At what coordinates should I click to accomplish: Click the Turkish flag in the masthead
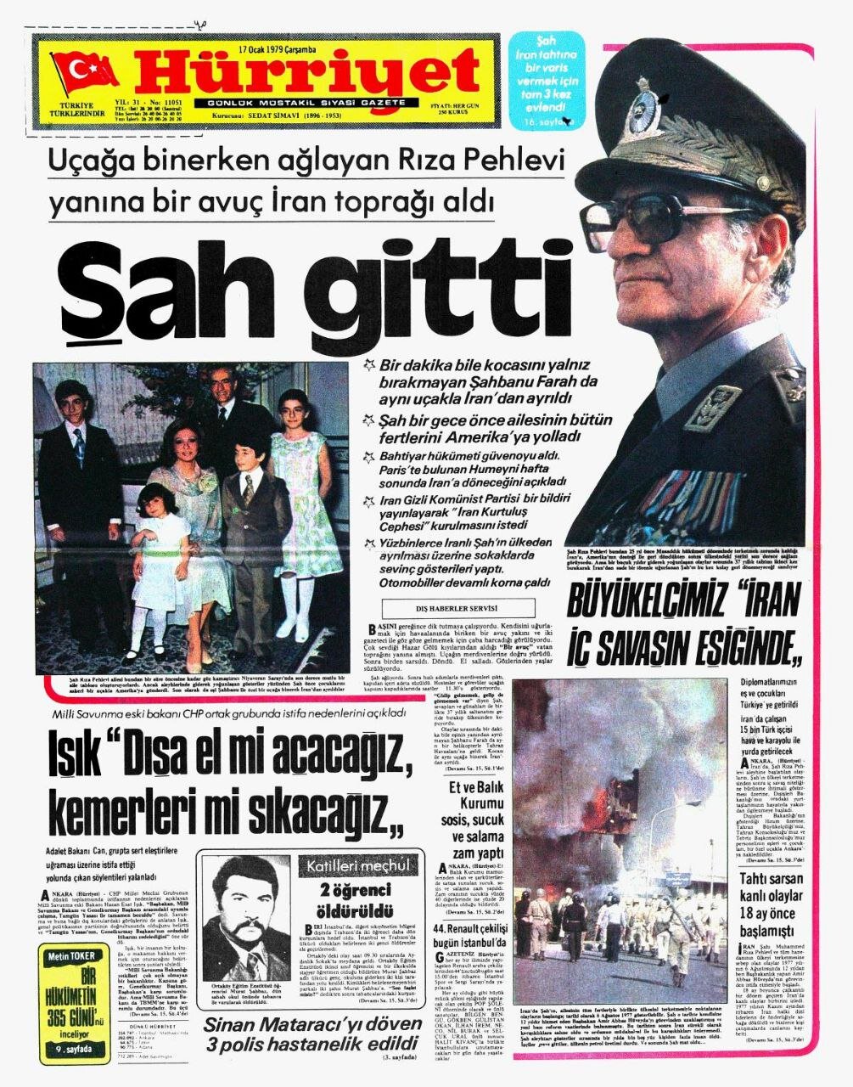[x=85, y=70]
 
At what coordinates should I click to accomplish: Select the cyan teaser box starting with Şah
[x=548, y=81]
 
